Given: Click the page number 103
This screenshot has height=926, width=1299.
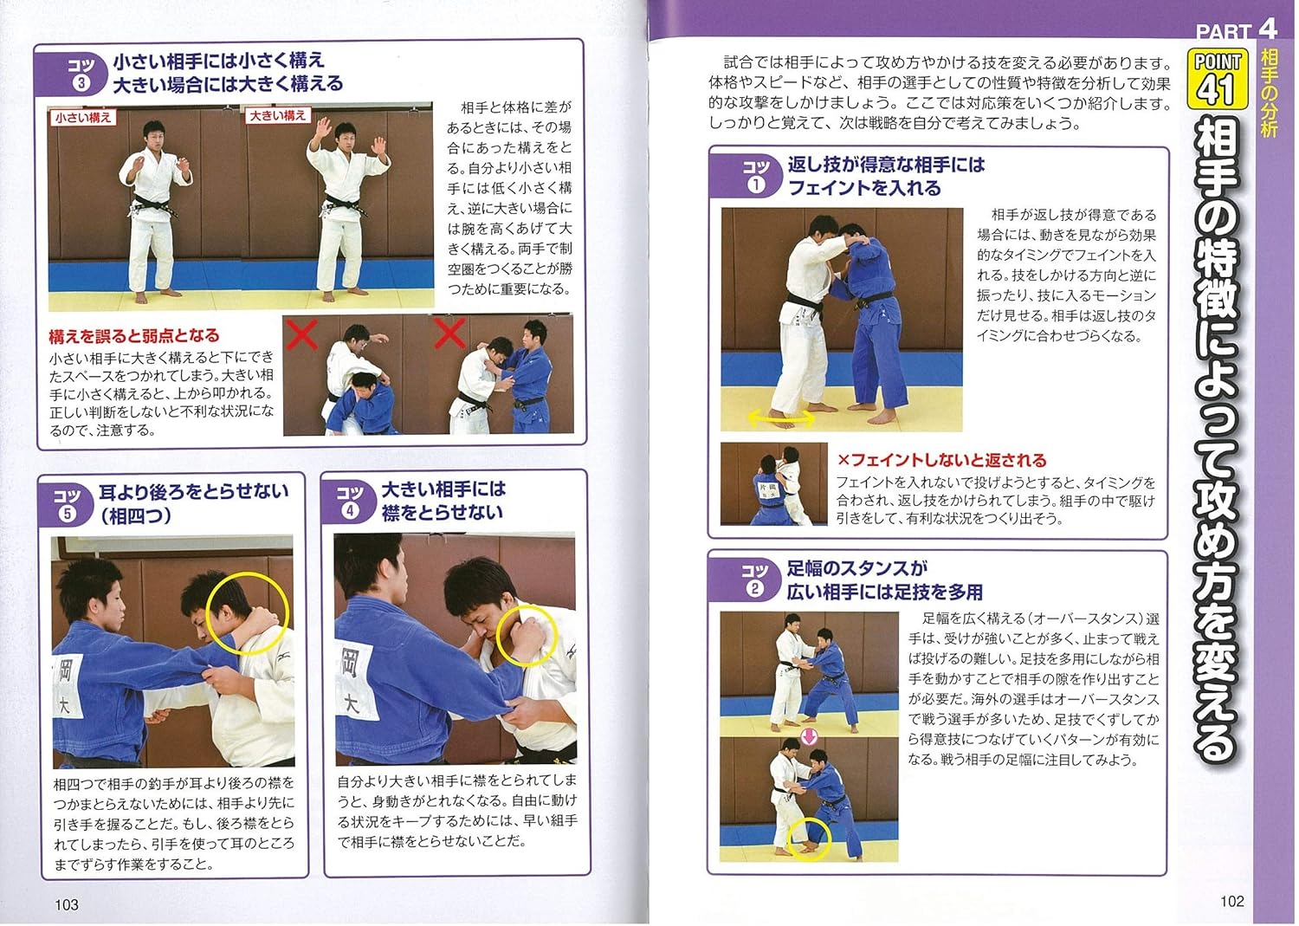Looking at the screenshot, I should pyautogui.click(x=67, y=904).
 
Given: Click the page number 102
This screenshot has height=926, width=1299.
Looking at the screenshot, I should pyautogui.click(x=1231, y=901).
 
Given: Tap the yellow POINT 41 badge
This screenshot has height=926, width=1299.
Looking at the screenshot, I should pyautogui.click(x=1217, y=79).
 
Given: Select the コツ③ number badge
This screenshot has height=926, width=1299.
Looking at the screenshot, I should pyautogui.click(x=81, y=74).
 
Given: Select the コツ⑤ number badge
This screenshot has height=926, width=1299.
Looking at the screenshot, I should pyautogui.click(x=67, y=504).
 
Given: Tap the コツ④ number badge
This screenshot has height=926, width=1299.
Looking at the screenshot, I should pyautogui.click(x=350, y=502).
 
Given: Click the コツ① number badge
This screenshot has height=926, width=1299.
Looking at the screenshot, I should pyautogui.click(x=755, y=177).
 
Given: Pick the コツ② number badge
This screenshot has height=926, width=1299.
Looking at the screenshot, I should pyautogui.click(x=754, y=580).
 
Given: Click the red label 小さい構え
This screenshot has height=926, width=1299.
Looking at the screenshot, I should pyautogui.click(x=82, y=118).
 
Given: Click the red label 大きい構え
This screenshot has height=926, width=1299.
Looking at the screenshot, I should pyautogui.click(x=277, y=115).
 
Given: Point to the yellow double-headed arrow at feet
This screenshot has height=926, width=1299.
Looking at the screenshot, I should pyautogui.click(x=780, y=418).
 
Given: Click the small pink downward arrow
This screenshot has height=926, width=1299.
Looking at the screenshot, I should pyautogui.click(x=808, y=737).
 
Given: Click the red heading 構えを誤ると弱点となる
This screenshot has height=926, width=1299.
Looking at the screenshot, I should pyautogui.click(x=134, y=336).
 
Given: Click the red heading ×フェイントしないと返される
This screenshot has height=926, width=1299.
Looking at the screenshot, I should pyautogui.click(x=941, y=461).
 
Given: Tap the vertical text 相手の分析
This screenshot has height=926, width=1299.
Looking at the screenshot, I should pyautogui.click(x=1269, y=94).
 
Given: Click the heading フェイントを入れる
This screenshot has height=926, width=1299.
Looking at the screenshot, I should pyautogui.click(x=863, y=188).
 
